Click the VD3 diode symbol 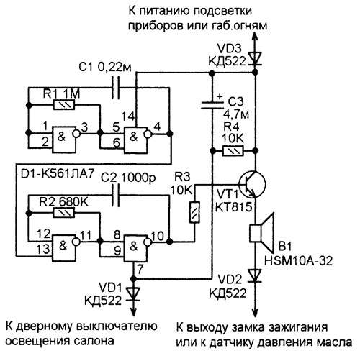click(x=255, y=59)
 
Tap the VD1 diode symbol click(x=134, y=294)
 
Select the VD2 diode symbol click(x=255, y=275)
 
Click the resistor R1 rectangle click(x=64, y=105)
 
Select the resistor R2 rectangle click(x=64, y=212)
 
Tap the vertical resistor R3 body click(x=194, y=213)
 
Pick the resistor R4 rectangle click(x=233, y=151)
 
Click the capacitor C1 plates click(x=116, y=88)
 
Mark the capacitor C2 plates click(x=116, y=195)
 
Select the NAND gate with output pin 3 click(x=66, y=140)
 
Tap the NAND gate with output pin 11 click(x=66, y=248)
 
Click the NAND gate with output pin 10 click(x=138, y=248)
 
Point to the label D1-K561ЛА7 click(x=57, y=174)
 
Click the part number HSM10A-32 click(x=298, y=261)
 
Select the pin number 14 click(x=129, y=117)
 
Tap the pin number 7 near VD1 click(x=140, y=269)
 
